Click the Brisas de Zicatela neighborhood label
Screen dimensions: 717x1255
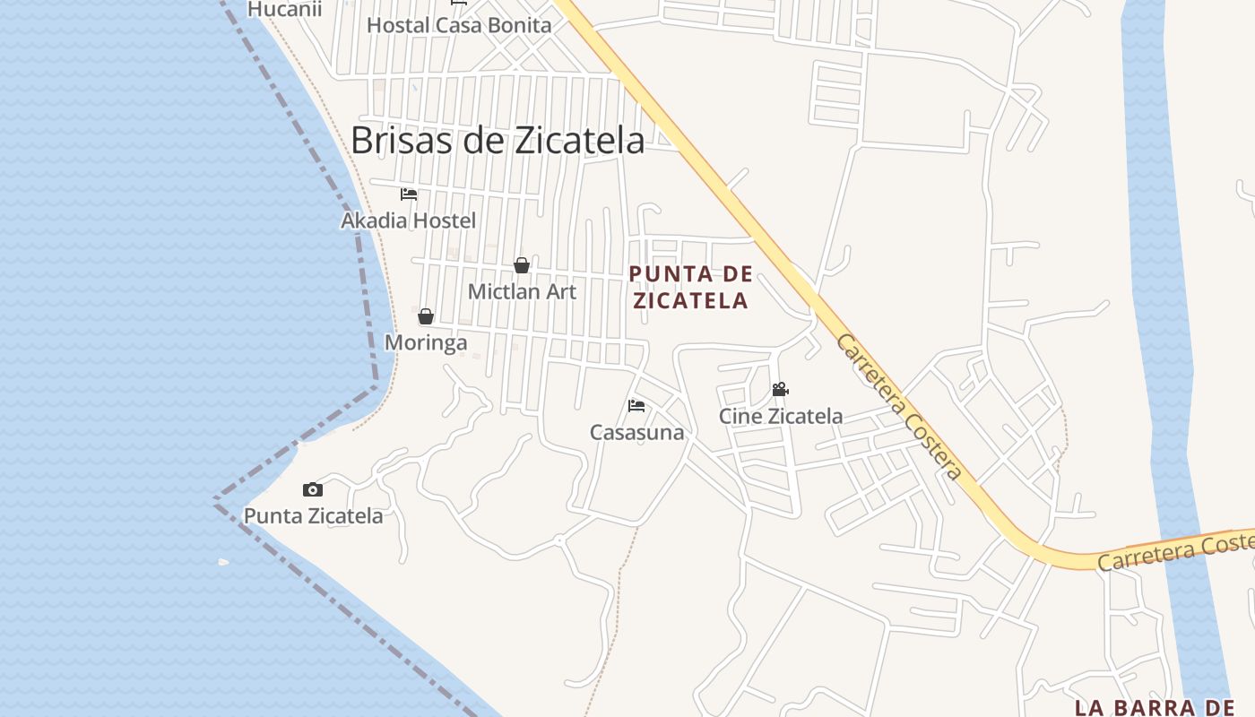click(x=498, y=141)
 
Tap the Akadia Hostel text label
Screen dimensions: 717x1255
click(x=409, y=220)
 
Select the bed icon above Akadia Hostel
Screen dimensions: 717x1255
click(x=409, y=194)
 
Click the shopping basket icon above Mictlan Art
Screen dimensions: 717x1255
click(x=521, y=265)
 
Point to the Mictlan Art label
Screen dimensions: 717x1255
click(x=522, y=291)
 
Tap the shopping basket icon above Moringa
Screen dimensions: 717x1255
click(x=426, y=316)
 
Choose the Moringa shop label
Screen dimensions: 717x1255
click(x=426, y=342)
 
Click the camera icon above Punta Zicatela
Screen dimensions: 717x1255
click(x=312, y=489)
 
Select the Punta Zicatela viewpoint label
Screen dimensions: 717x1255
click(x=313, y=515)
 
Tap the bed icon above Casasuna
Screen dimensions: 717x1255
click(x=636, y=406)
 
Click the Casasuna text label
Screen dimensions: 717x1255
click(x=636, y=432)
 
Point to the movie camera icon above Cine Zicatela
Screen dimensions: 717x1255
click(x=780, y=390)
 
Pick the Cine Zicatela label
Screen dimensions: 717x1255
click(x=781, y=416)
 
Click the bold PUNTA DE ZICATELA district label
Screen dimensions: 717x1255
click(x=690, y=288)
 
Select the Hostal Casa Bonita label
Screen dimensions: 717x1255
click(x=459, y=25)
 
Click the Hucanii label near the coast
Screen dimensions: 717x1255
click(x=284, y=9)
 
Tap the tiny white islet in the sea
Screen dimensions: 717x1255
click(x=223, y=562)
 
